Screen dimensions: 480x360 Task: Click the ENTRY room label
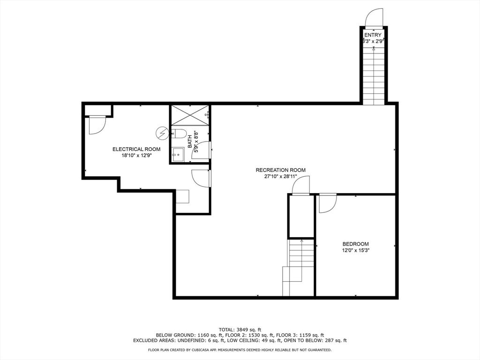(373, 35)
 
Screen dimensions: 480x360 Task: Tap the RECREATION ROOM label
(280, 170)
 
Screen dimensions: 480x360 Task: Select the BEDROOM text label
(355, 244)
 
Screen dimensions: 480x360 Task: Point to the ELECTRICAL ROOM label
(136, 150)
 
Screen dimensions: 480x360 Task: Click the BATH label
(190, 142)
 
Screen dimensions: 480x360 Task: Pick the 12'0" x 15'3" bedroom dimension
(355, 250)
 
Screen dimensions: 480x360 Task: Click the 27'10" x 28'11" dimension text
(280, 176)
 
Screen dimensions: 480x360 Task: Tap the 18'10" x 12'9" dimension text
(136, 156)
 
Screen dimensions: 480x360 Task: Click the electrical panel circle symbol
(162, 133)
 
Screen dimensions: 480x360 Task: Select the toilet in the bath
(179, 134)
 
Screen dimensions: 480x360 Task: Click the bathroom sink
(178, 155)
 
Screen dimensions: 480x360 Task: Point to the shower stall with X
(190, 115)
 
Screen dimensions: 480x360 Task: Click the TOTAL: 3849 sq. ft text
(240, 330)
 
